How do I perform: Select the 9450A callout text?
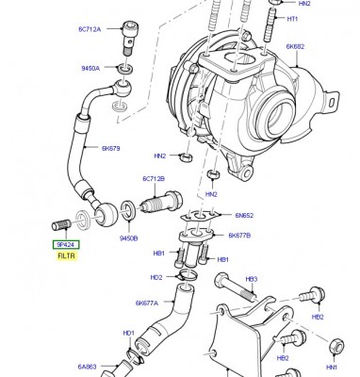pos(90,68)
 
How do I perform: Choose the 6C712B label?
pos(154,178)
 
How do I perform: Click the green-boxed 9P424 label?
pos(66,244)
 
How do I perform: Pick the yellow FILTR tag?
pos(66,255)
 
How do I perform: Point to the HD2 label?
pos(156,277)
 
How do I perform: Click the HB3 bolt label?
pos(252,281)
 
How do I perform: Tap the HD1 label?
pos(127,333)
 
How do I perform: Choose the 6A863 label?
pos(87,368)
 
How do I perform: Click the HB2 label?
pos(282,359)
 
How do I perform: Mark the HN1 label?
pos(332,368)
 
